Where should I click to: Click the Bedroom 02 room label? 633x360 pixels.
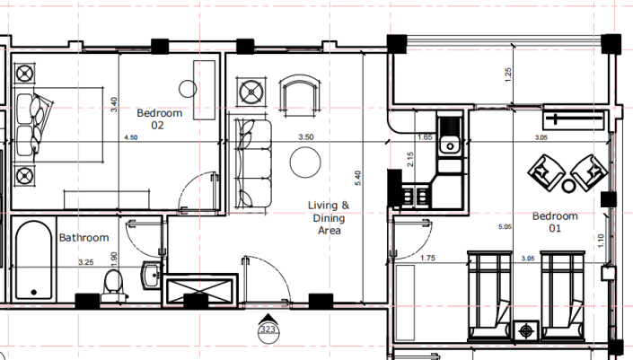(159, 119)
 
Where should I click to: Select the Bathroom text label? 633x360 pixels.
(84, 238)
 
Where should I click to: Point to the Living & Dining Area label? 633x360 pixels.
(330, 218)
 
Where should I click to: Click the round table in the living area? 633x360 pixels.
(304, 162)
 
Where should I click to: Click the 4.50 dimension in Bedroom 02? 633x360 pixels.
(130, 138)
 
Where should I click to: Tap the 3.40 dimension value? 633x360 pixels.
(114, 105)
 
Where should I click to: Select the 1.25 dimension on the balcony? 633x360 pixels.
(507, 76)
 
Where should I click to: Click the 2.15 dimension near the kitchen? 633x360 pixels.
(410, 161)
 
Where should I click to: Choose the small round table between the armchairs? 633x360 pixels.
(568, 187)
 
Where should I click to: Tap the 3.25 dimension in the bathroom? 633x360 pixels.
(87, 262)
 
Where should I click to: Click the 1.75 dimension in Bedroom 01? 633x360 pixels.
(429, 259)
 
